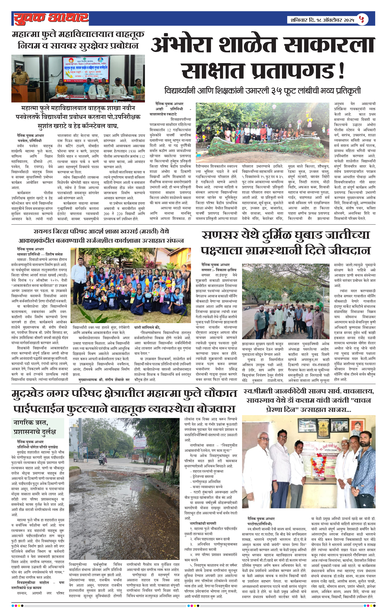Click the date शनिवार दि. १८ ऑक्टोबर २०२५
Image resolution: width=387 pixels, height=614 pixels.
click(322, 20)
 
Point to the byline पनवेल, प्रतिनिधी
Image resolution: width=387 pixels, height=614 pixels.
click(29, 141)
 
